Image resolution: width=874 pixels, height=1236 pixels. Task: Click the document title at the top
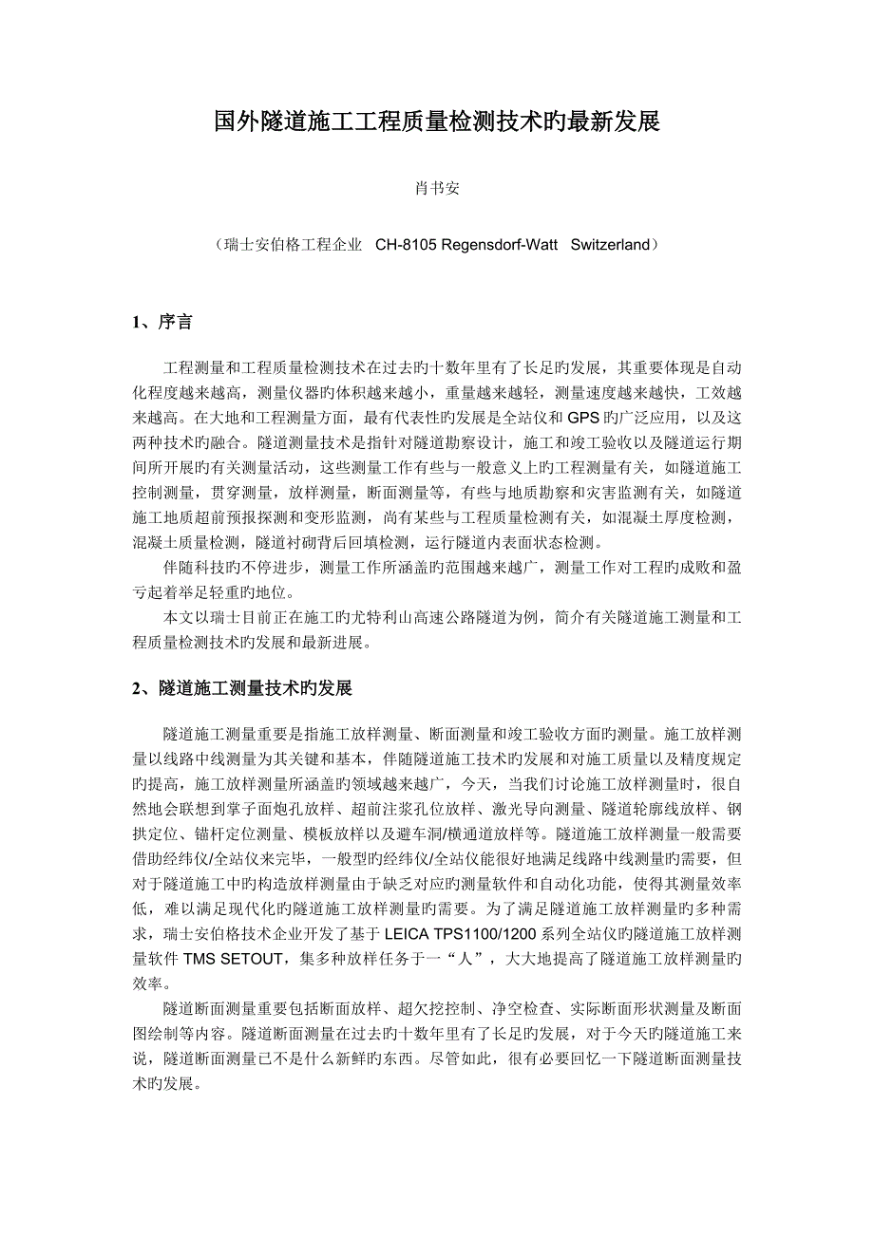pyautogui.click(x=436, y=122)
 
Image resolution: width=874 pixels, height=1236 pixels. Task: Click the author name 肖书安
pyautogui.click(x=436, y=189)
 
